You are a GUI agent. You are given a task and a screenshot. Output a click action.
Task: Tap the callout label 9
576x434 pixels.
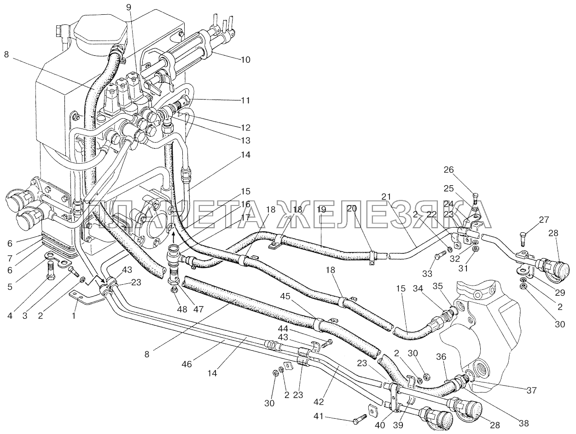pyautogui.click(x=128, y=8)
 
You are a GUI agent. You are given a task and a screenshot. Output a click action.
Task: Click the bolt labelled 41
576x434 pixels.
pyautogui.click(x=359, y=420)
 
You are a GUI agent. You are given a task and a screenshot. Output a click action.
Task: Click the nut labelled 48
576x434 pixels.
pyautogui.click(x=174, y=289)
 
